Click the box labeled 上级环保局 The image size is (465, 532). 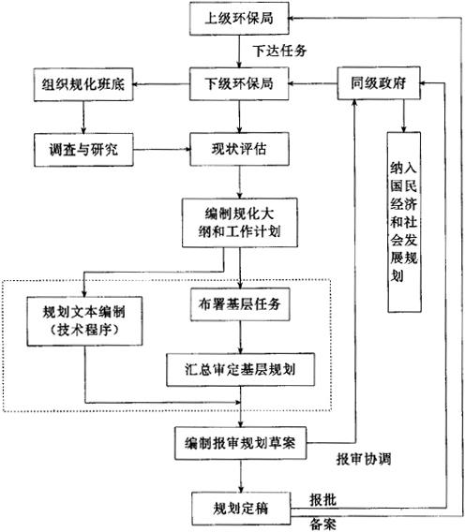coord(239,19)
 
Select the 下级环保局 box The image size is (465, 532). coord(239,83)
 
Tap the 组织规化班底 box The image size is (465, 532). coord(83,84)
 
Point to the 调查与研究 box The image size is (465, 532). coord(83,150)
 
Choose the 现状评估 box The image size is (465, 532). coord(239,149)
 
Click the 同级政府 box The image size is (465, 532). coord(379,83)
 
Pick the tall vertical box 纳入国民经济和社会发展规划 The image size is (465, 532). coord(404,222)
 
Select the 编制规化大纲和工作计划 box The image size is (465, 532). coord(240,223)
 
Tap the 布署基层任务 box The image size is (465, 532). coord(240,304)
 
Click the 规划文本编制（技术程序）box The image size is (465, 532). coord(84,321)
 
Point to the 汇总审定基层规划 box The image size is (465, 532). coord(241,369)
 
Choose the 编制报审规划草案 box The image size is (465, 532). coord(241,443)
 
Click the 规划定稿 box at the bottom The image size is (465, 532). coord(241,509)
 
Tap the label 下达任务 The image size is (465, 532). coord(279,51)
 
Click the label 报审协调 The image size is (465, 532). coord(364,459)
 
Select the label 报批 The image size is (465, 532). coord(322,500)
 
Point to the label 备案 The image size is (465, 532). coord(322,525)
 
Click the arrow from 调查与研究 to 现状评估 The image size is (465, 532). coord(161,149)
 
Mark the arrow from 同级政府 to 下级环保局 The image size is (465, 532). coord(313,83)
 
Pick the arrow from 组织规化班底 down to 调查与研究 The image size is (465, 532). coord(83,117)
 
